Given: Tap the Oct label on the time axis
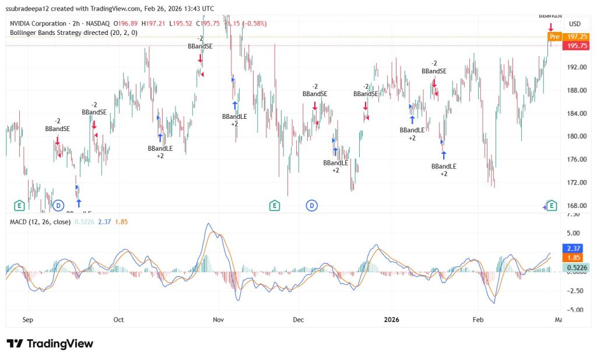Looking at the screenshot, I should (119, 319).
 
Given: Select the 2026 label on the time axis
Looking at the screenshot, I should (391, 319).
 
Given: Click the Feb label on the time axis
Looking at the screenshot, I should (478, 319).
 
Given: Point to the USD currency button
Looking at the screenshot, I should (574, 24).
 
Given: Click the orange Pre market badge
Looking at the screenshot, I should (554, 36).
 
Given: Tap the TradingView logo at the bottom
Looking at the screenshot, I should (50, 344).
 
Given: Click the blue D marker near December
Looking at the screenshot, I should (312, 205).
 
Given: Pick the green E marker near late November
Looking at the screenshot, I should (274, 205).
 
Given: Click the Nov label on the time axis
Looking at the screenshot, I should (219, 319).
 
